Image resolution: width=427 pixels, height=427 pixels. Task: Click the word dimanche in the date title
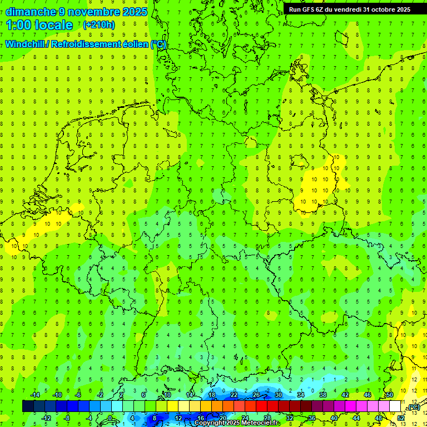(31, 12)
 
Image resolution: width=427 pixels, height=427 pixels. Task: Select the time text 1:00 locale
(39, 25)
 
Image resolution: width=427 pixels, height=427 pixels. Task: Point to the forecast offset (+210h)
(99, 25)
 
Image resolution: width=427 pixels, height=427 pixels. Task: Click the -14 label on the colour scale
(36, 395)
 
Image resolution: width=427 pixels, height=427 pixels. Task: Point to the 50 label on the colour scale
(390, 395)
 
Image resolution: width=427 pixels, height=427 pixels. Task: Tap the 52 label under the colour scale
(401, 418)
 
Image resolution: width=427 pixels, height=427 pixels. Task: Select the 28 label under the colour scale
(267, 418)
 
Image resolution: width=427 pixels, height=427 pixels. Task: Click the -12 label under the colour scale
(47, 418)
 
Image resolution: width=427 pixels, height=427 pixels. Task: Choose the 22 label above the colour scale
(234, 395)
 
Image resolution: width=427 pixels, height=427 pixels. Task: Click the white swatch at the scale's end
(395, 406)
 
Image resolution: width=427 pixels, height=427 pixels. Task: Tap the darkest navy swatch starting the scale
(28, 406)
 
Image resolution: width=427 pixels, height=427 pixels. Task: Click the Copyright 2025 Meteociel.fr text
(237, 423)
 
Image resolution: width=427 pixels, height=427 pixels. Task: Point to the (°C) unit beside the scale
(414, 407)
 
